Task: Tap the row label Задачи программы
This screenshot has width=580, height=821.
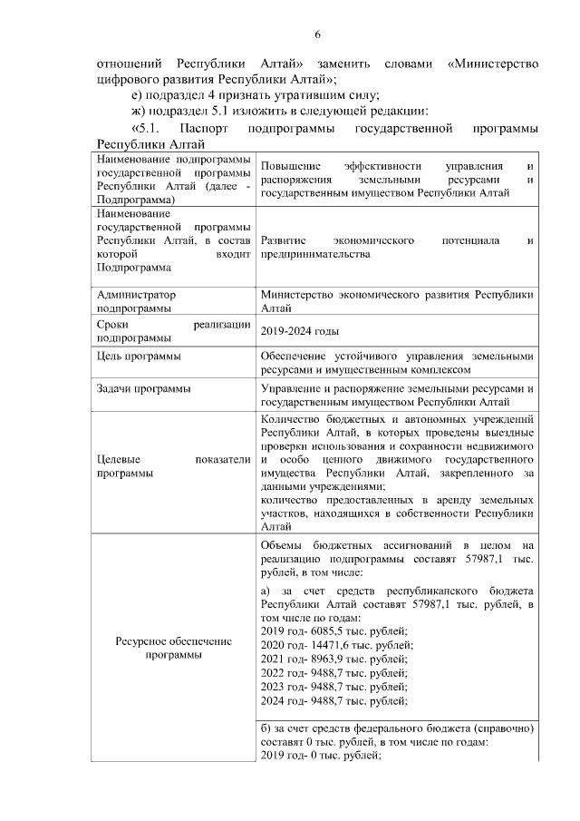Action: click(x=142, y=389)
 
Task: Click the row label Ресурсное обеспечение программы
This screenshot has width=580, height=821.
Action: click(x=173, y=649)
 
